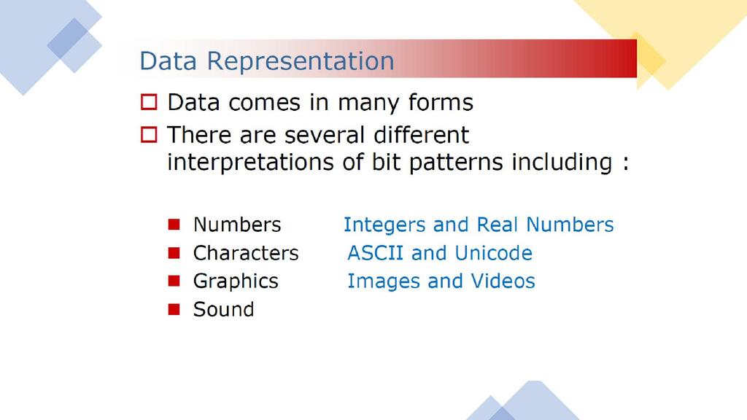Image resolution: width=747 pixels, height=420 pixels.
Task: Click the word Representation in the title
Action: pyautogui.click(x=301, y=61)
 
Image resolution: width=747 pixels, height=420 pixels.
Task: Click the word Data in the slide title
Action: pyautogui.click(x=169, y=61)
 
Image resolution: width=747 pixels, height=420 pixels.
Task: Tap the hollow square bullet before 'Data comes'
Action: pyautogui.click(x=149, y=102)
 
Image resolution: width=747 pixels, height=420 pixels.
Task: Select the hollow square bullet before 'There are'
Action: pyautogui.click(x=149, y=135)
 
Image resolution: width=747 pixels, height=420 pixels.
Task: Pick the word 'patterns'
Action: pyautogui.click(x=456, y=163)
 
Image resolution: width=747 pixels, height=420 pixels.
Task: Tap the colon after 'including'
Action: pyautogui.click(x=625, y=163)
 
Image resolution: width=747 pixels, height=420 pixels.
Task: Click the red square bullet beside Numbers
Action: pyautogui.click(x=174, y=225)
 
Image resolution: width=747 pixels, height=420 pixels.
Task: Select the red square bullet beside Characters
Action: pyautogui.click(x=174, y=253)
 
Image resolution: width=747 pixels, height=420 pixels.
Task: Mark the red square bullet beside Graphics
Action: pyautogui.click(x=174, y=281)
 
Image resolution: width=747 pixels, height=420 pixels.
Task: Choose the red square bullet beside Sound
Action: pyautogui.click(x=174, y=309)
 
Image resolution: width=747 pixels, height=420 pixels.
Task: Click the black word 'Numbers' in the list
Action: pyautogui.click(x=237, y=225)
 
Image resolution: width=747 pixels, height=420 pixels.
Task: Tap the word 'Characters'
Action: pyautogui.click(x=246, y=253)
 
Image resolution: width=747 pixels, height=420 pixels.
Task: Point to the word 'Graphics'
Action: pyautogui.click(x=236, y=281)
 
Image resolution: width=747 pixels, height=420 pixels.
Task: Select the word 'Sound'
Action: pyautogui.click(x=224, y=309)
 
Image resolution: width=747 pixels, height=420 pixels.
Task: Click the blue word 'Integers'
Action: pyautogui.click(x=384, y=225)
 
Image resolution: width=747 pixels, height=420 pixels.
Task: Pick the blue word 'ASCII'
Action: pyautogui.click(x=376, y=253)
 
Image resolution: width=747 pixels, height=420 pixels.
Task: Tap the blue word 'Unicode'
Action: pyautogui.click(x=494, y=253)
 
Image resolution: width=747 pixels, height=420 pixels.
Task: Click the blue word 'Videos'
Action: pyautogui.click(x=503, y=281)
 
